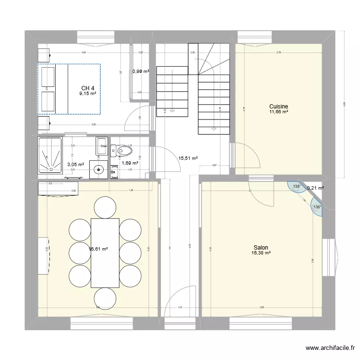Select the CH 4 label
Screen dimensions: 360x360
(x=88, y=88)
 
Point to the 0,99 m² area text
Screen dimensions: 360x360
(x=141, y=72)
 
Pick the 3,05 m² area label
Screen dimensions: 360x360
(x=76, y=164)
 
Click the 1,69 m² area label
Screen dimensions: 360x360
(x=131, y=163)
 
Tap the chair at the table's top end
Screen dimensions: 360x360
(x=106, y=207)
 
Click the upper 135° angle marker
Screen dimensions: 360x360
(x=296, y=187)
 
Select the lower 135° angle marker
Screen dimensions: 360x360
(x=316, y=207)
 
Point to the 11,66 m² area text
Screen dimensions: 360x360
(x=278, y=112)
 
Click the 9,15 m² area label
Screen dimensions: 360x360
(x=88, y=94)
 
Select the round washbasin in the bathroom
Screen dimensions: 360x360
(x=101, y=169)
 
